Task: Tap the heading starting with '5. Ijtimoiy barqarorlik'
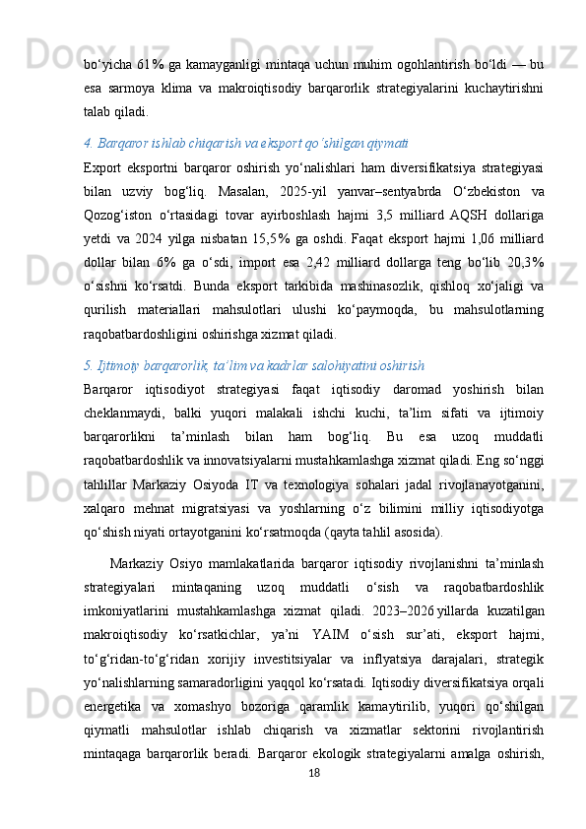pos(254,366)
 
